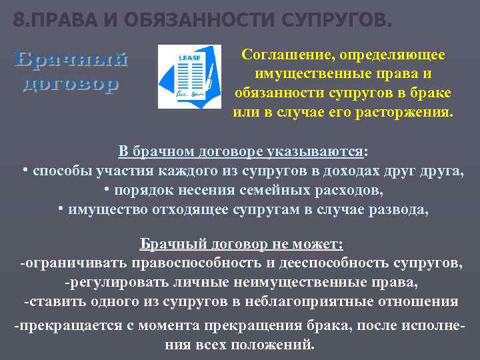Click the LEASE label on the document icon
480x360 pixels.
click(185, 58)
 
